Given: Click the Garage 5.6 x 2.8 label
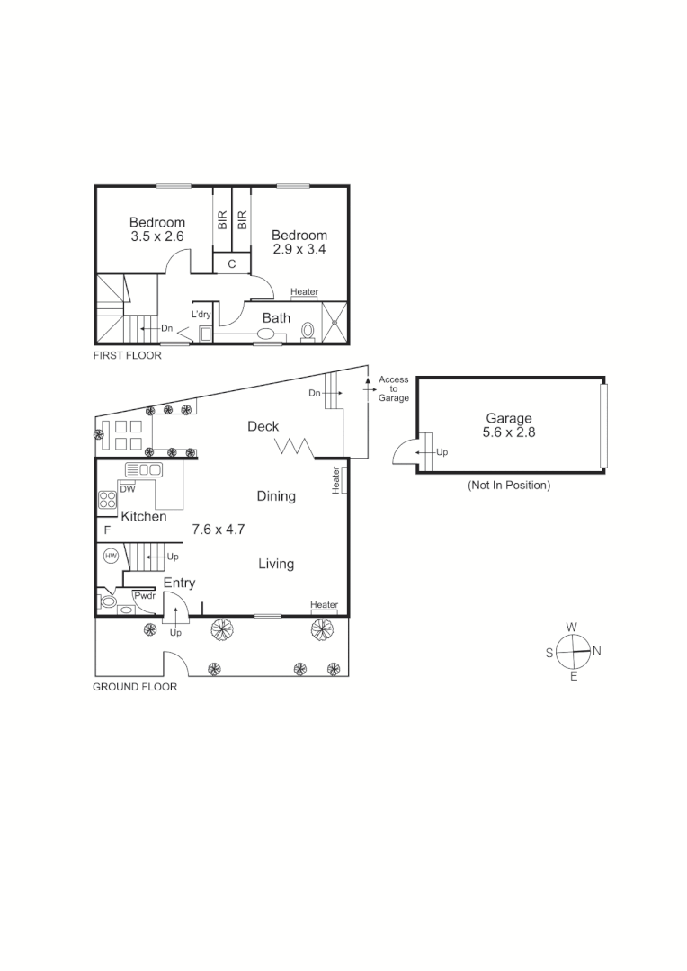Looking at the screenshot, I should (509, 425).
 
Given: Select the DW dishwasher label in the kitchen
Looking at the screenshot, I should (128, 489).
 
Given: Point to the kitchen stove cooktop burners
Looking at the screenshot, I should (108, 500).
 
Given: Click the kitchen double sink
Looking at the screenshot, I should (143, 469).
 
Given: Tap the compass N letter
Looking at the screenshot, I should (596, 650).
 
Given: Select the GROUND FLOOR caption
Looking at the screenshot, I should (135, 687).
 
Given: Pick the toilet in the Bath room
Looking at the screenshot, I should (308, 332).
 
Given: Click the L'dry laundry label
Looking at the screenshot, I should (201, 315).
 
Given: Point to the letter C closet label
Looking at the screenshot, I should (231, 263).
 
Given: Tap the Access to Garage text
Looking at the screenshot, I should (394, 388).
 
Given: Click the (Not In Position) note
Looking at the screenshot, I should (509, 485).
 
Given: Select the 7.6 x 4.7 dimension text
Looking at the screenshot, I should (219, 530).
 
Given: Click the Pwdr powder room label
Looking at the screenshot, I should (144, 595).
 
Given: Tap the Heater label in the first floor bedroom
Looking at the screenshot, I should (304, 292).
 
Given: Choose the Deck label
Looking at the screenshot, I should (263, 427).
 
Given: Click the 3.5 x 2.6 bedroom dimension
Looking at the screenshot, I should (157, 236).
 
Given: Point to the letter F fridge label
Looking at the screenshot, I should (106, 530).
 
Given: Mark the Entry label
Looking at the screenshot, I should (179, 583).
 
